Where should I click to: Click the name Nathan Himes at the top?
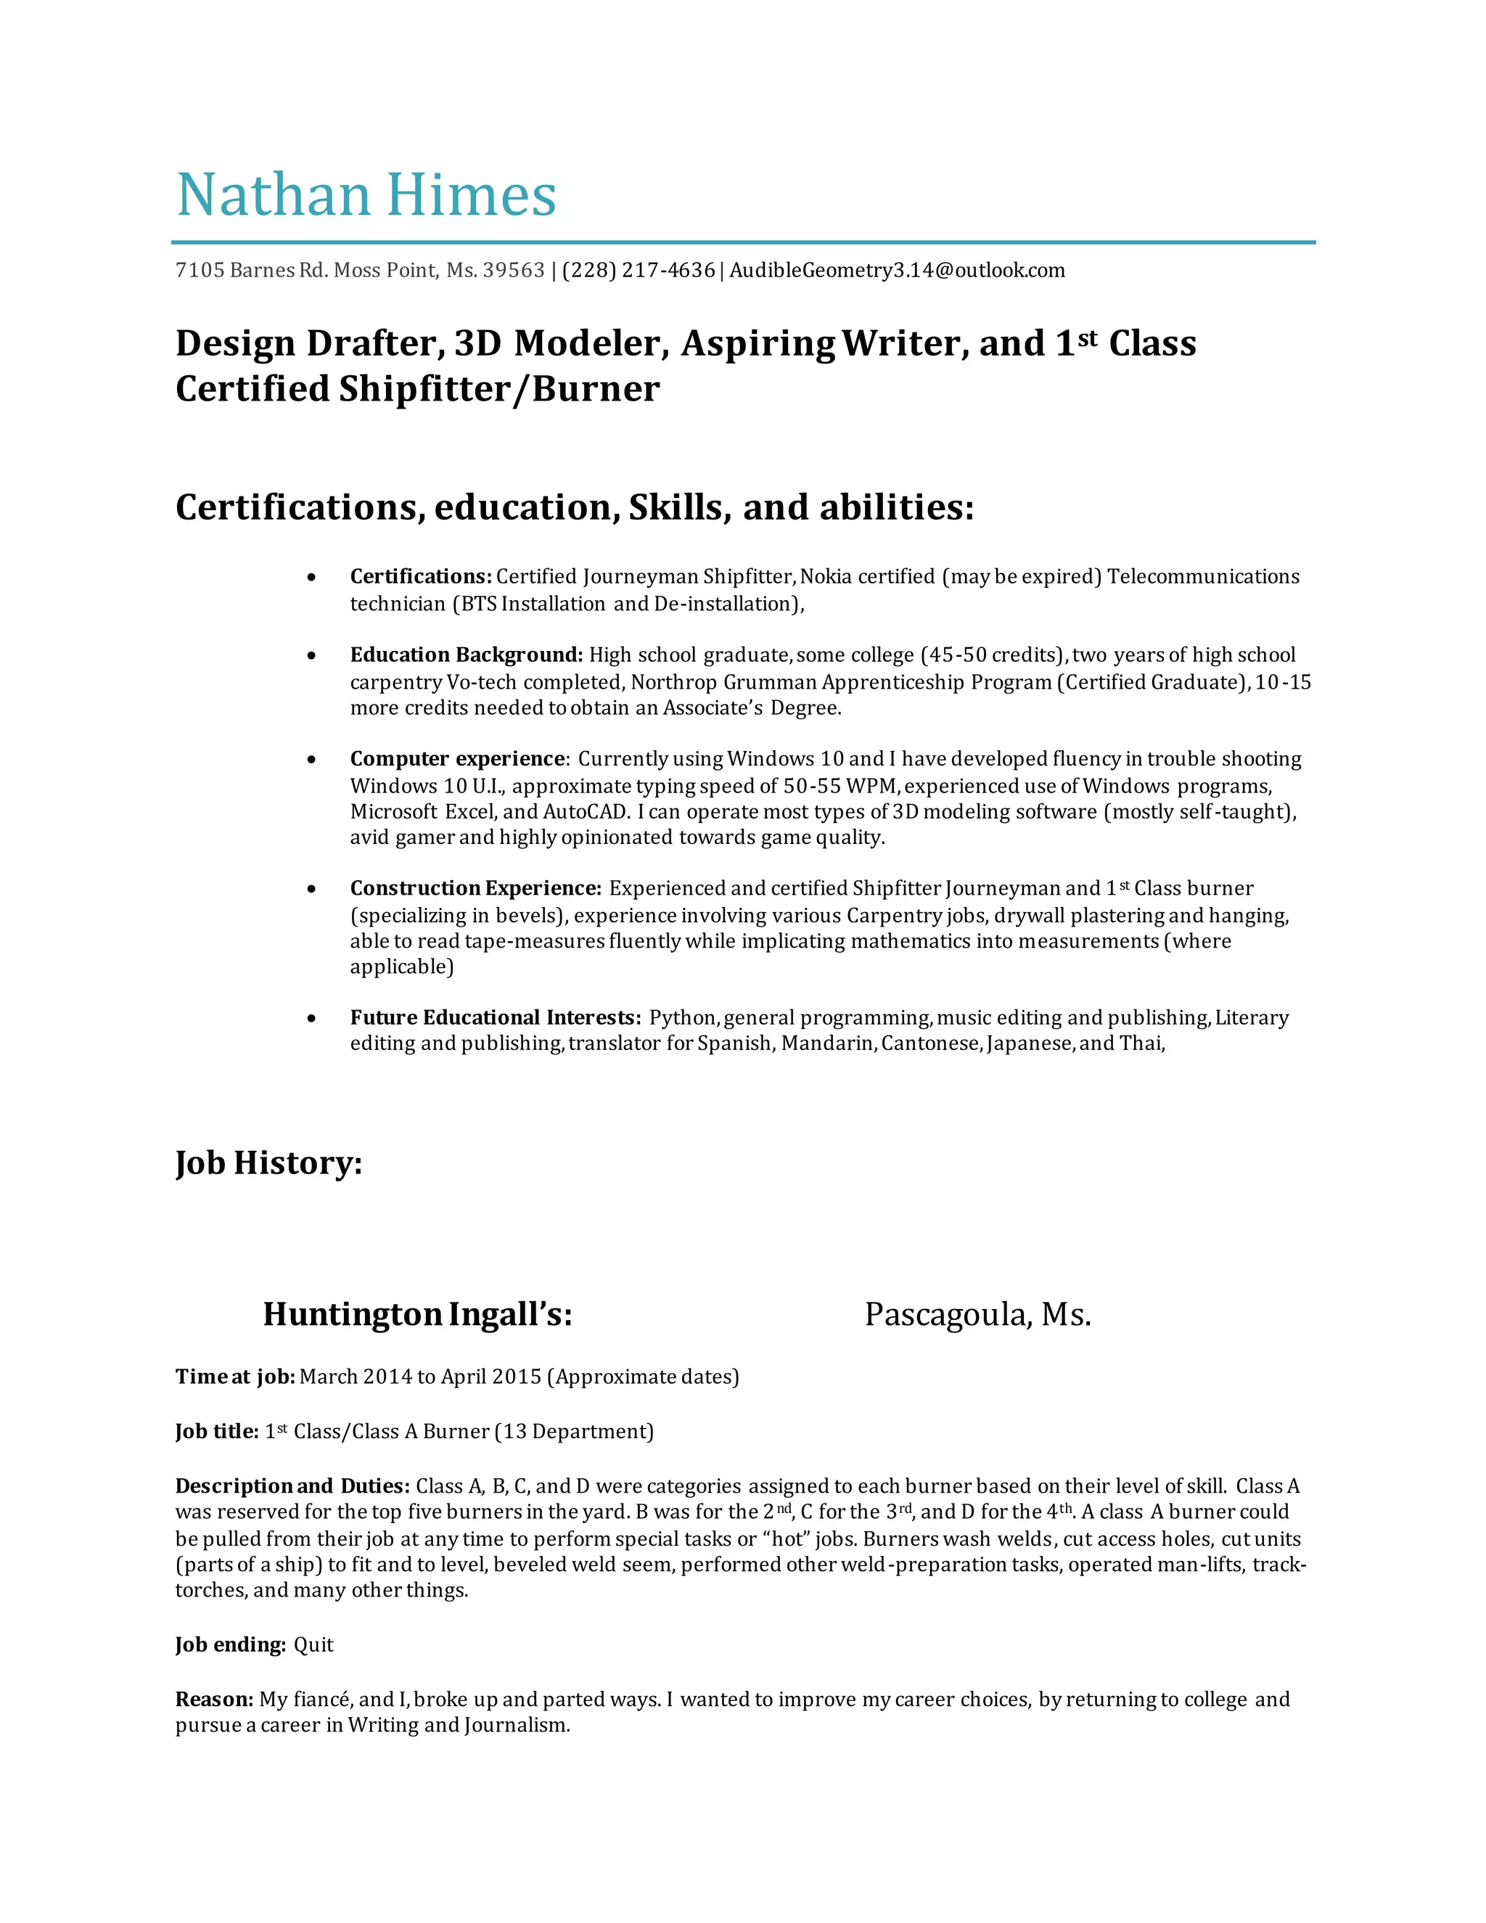click(366, 194)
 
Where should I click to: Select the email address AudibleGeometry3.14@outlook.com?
click(896, 271)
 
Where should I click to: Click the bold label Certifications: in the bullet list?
click(421, 577)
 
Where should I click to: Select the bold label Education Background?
click(467, 655)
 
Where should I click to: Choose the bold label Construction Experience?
click(475, 888)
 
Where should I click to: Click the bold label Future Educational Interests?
click(496, 1018)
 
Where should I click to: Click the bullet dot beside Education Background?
click(311, 656)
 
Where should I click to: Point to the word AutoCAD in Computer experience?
click(583, 811)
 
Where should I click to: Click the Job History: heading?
click(268, 1163)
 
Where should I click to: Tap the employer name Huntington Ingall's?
click(417, 1315)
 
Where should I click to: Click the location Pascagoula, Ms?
click(977, 1315)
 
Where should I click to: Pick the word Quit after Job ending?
click(313, 1646)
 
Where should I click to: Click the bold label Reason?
click(214, 1699)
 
